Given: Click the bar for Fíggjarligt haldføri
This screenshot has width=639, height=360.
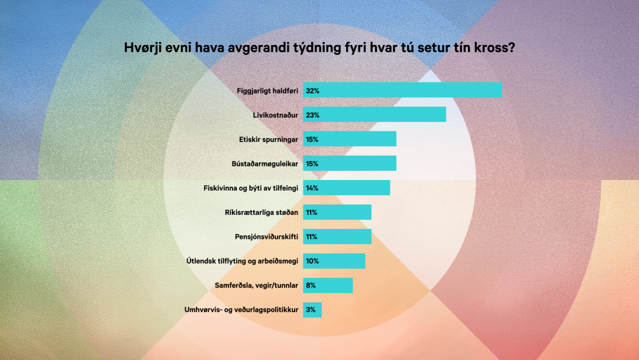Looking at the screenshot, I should [x=402, y=90].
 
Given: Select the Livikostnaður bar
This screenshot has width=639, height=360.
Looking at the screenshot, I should [x=374, y=114].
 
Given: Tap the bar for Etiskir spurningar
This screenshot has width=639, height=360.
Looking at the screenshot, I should [x=349, y=139].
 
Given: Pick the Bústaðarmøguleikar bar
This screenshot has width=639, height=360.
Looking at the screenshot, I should [x=349, y=163].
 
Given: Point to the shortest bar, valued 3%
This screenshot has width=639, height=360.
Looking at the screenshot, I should [x=312, y=310].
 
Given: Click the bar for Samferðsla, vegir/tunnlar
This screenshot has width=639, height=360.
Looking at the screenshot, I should [x=328, y=285].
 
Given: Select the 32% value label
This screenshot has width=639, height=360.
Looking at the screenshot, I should [x=312, y=91].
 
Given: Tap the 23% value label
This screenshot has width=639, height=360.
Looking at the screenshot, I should [x=312, y=115].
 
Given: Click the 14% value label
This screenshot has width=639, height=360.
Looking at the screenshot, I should [x=312, y=188].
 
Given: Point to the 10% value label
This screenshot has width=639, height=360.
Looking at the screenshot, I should [x=312, y=261].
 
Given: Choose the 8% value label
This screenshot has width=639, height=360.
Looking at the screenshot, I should [x=311, y=285].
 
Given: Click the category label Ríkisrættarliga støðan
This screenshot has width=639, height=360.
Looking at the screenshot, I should [x=263, y=212].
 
